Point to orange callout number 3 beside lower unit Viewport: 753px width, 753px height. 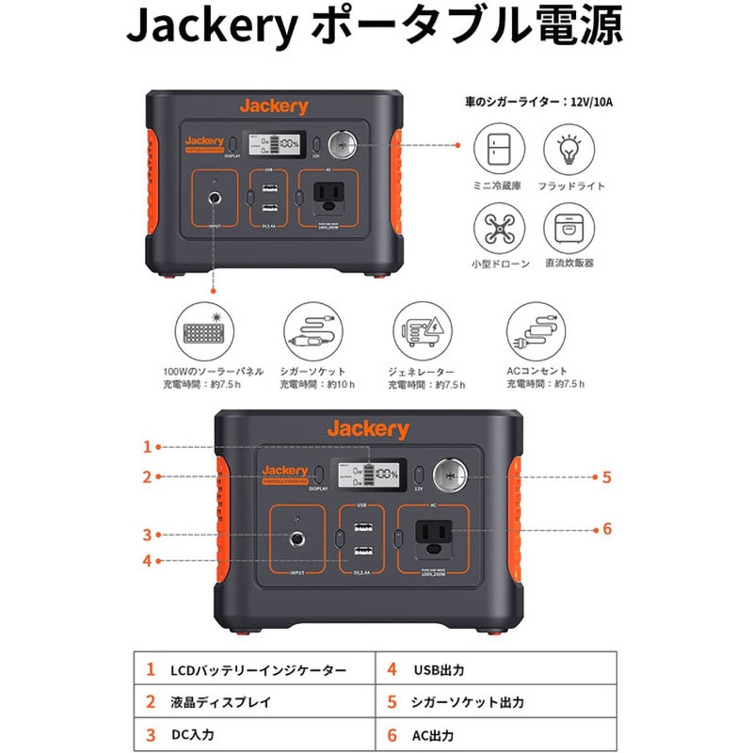(147, 536)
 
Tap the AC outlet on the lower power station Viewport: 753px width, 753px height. (435, 539)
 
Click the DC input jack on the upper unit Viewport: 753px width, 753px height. (216, 199)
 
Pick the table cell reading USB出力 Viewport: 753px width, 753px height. (439, 671)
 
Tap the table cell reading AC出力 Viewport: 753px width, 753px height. (434, 734)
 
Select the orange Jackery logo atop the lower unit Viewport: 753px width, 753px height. (368, 430)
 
